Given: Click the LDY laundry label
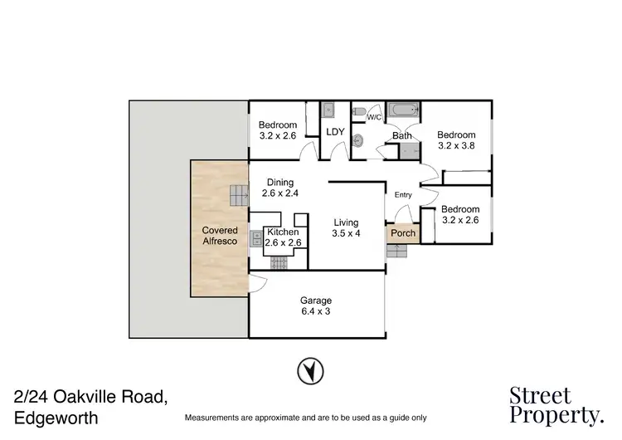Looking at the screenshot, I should point(335,132).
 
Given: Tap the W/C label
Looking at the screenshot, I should point(373,117).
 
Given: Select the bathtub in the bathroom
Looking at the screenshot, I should point(404,110).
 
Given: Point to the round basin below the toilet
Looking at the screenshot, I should point(358,139).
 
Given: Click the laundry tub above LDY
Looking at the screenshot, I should point(328,109).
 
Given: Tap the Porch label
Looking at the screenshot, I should point(403,233).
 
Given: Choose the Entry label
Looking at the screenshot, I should point(403,195).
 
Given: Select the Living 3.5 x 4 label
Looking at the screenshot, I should point(346,228).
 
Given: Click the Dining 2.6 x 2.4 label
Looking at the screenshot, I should point(279,188).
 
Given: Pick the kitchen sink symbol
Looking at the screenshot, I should point(254,239).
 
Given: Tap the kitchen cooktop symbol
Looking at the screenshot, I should point(279,262).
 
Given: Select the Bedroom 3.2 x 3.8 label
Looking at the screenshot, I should point(456,141).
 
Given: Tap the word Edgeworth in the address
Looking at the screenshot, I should point(56,418).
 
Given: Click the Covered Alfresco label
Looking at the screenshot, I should point(220,235).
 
